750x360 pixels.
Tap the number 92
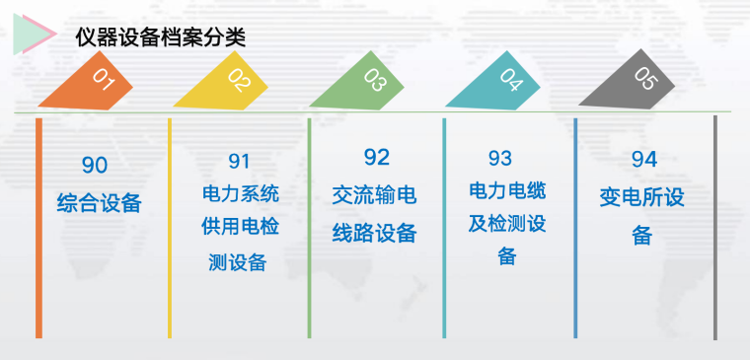(x=376, y=158)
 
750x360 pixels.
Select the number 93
(x=500, y=158)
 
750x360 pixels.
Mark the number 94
(x=643, y=160)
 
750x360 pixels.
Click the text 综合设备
(x=100, y=204)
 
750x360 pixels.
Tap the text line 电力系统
(x=240, y=193)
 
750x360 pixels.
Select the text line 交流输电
(x=374, y=195)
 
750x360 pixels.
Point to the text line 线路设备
(x=374, y=234)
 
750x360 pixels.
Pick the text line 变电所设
(x=641, y=197)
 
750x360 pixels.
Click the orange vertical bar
(x=38, y=227)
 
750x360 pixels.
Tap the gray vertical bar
(x=714, y=227)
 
